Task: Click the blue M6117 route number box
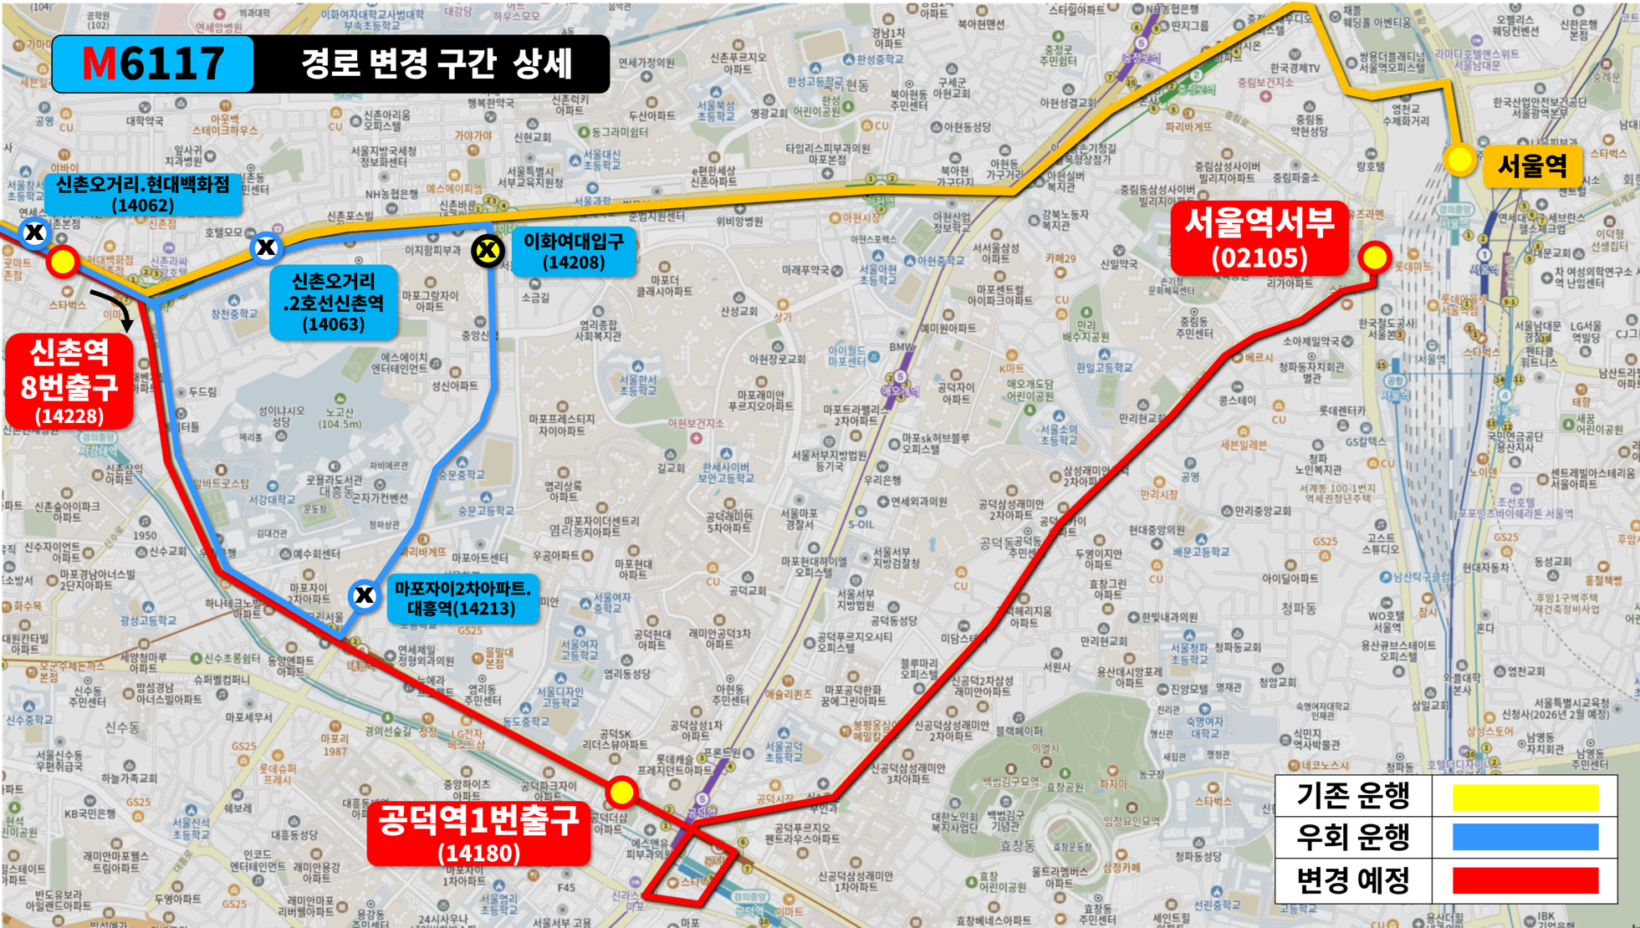pos(153,64)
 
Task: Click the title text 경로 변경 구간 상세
pos(436,64)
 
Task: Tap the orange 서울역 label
pos(1531,165)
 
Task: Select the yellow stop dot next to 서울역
pos(1459,160)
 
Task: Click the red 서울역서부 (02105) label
pos(1259,239)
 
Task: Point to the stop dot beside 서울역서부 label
pos(1374,257)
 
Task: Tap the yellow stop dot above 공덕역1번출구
pos(621,791)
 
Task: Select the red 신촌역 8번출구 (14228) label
pos(69,381)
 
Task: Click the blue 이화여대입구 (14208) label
pos(574,251)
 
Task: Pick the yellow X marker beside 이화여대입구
pos(487,250)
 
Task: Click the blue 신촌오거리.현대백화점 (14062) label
pos(143,194)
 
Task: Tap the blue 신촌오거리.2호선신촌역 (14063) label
pos(333,303)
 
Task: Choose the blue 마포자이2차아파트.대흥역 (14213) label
pos(462,598)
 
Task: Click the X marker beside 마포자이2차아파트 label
pos(364,595)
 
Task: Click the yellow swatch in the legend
pos(1525,797)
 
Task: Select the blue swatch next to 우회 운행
pos(1525,837)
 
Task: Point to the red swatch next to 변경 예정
pos(1525,880)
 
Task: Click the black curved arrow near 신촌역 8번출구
pos(115,308)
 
